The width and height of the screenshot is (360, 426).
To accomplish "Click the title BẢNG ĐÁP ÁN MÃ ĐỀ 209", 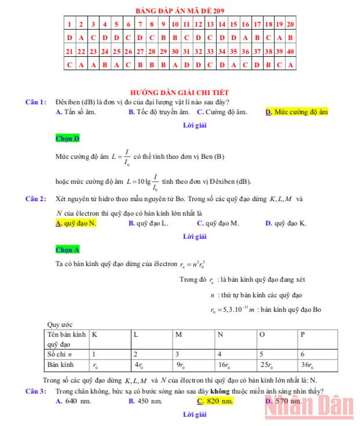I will [180, 11].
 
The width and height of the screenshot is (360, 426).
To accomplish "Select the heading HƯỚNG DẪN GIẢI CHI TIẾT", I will [180, 92].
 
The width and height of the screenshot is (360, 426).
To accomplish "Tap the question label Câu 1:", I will [36, 102].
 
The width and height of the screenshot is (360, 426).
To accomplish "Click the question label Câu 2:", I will [36, 199].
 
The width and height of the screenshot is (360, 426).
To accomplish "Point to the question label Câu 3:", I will [36, 391].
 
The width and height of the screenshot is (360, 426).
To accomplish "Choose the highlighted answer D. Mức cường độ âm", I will [297, 112].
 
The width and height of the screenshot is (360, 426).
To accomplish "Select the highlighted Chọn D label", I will [67, 139].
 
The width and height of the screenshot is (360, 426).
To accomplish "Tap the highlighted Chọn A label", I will [67, 250].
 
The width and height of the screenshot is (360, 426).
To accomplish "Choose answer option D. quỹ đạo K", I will [286, 223].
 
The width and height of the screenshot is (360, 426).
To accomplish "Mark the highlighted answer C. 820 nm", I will [215, 401].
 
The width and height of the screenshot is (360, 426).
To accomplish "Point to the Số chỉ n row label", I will [59, 354].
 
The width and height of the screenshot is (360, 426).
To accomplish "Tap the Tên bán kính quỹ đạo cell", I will [67, 338].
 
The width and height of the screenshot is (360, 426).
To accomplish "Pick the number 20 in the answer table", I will [290, 24].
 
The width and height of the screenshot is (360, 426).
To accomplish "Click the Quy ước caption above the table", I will [59, 324].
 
